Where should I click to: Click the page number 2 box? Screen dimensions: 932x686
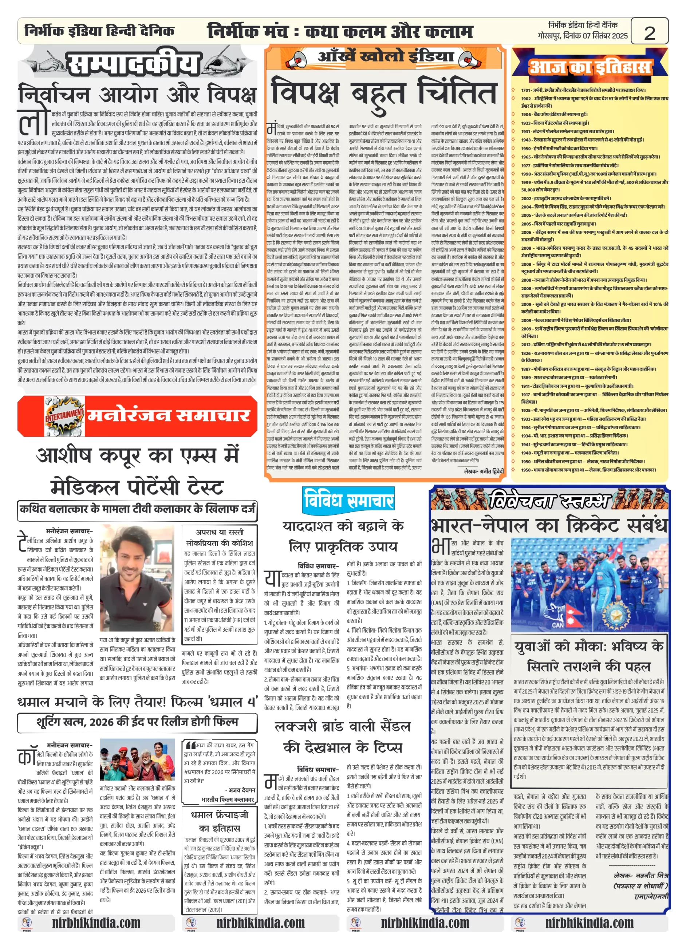(x=649, y=32)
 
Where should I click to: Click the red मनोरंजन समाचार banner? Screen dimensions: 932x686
(x=137, y=415)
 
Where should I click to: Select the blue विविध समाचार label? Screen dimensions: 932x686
(x=348, y=500)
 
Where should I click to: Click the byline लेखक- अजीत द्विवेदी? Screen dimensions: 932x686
(x=484, y=471)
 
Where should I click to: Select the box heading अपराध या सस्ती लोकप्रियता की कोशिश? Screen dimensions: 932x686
(x=220, y=537)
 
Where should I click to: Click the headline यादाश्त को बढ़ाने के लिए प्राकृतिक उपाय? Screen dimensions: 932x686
(x=343, y=536)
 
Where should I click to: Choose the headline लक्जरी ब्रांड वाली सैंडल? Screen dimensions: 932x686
(x=343, y=726)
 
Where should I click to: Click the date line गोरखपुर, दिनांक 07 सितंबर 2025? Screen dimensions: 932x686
(x=583, y=36)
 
